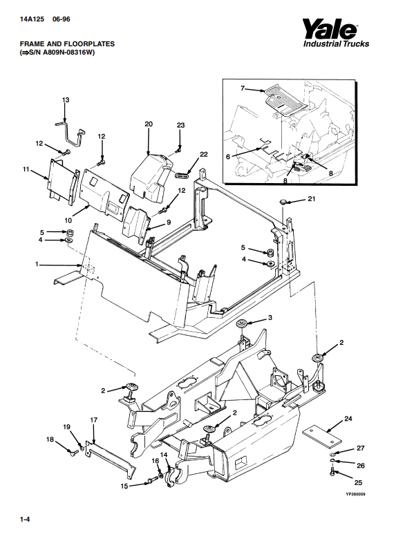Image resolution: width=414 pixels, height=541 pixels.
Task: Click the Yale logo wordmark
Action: [330, 29]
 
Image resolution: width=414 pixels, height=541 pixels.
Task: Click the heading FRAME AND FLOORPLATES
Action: [67, 44]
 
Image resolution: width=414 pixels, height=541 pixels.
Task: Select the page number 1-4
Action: [25, 519]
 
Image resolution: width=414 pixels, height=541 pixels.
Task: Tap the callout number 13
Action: [66, 99]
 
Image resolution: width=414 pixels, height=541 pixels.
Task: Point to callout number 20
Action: [149, 124]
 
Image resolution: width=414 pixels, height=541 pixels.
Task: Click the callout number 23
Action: [181, 125]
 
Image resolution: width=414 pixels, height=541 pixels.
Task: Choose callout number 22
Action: [204, 154]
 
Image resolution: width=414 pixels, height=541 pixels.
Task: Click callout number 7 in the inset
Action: [243, 88]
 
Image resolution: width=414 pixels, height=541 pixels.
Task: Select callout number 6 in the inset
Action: [227, 157]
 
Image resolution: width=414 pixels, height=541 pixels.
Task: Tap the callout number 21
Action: [312, 199]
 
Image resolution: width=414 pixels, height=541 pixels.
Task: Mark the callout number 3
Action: [270, 317]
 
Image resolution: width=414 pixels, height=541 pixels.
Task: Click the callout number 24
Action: [348, 419]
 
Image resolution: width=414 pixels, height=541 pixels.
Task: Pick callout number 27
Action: [361, 448]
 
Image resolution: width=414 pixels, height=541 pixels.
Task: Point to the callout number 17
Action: [94, 420]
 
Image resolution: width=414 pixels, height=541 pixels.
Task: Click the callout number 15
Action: [124, 486]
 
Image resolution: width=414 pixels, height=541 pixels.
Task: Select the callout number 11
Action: [26, 169]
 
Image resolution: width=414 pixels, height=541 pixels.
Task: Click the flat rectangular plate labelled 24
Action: [322, 435]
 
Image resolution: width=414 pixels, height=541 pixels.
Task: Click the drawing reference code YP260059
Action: [355, 495]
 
